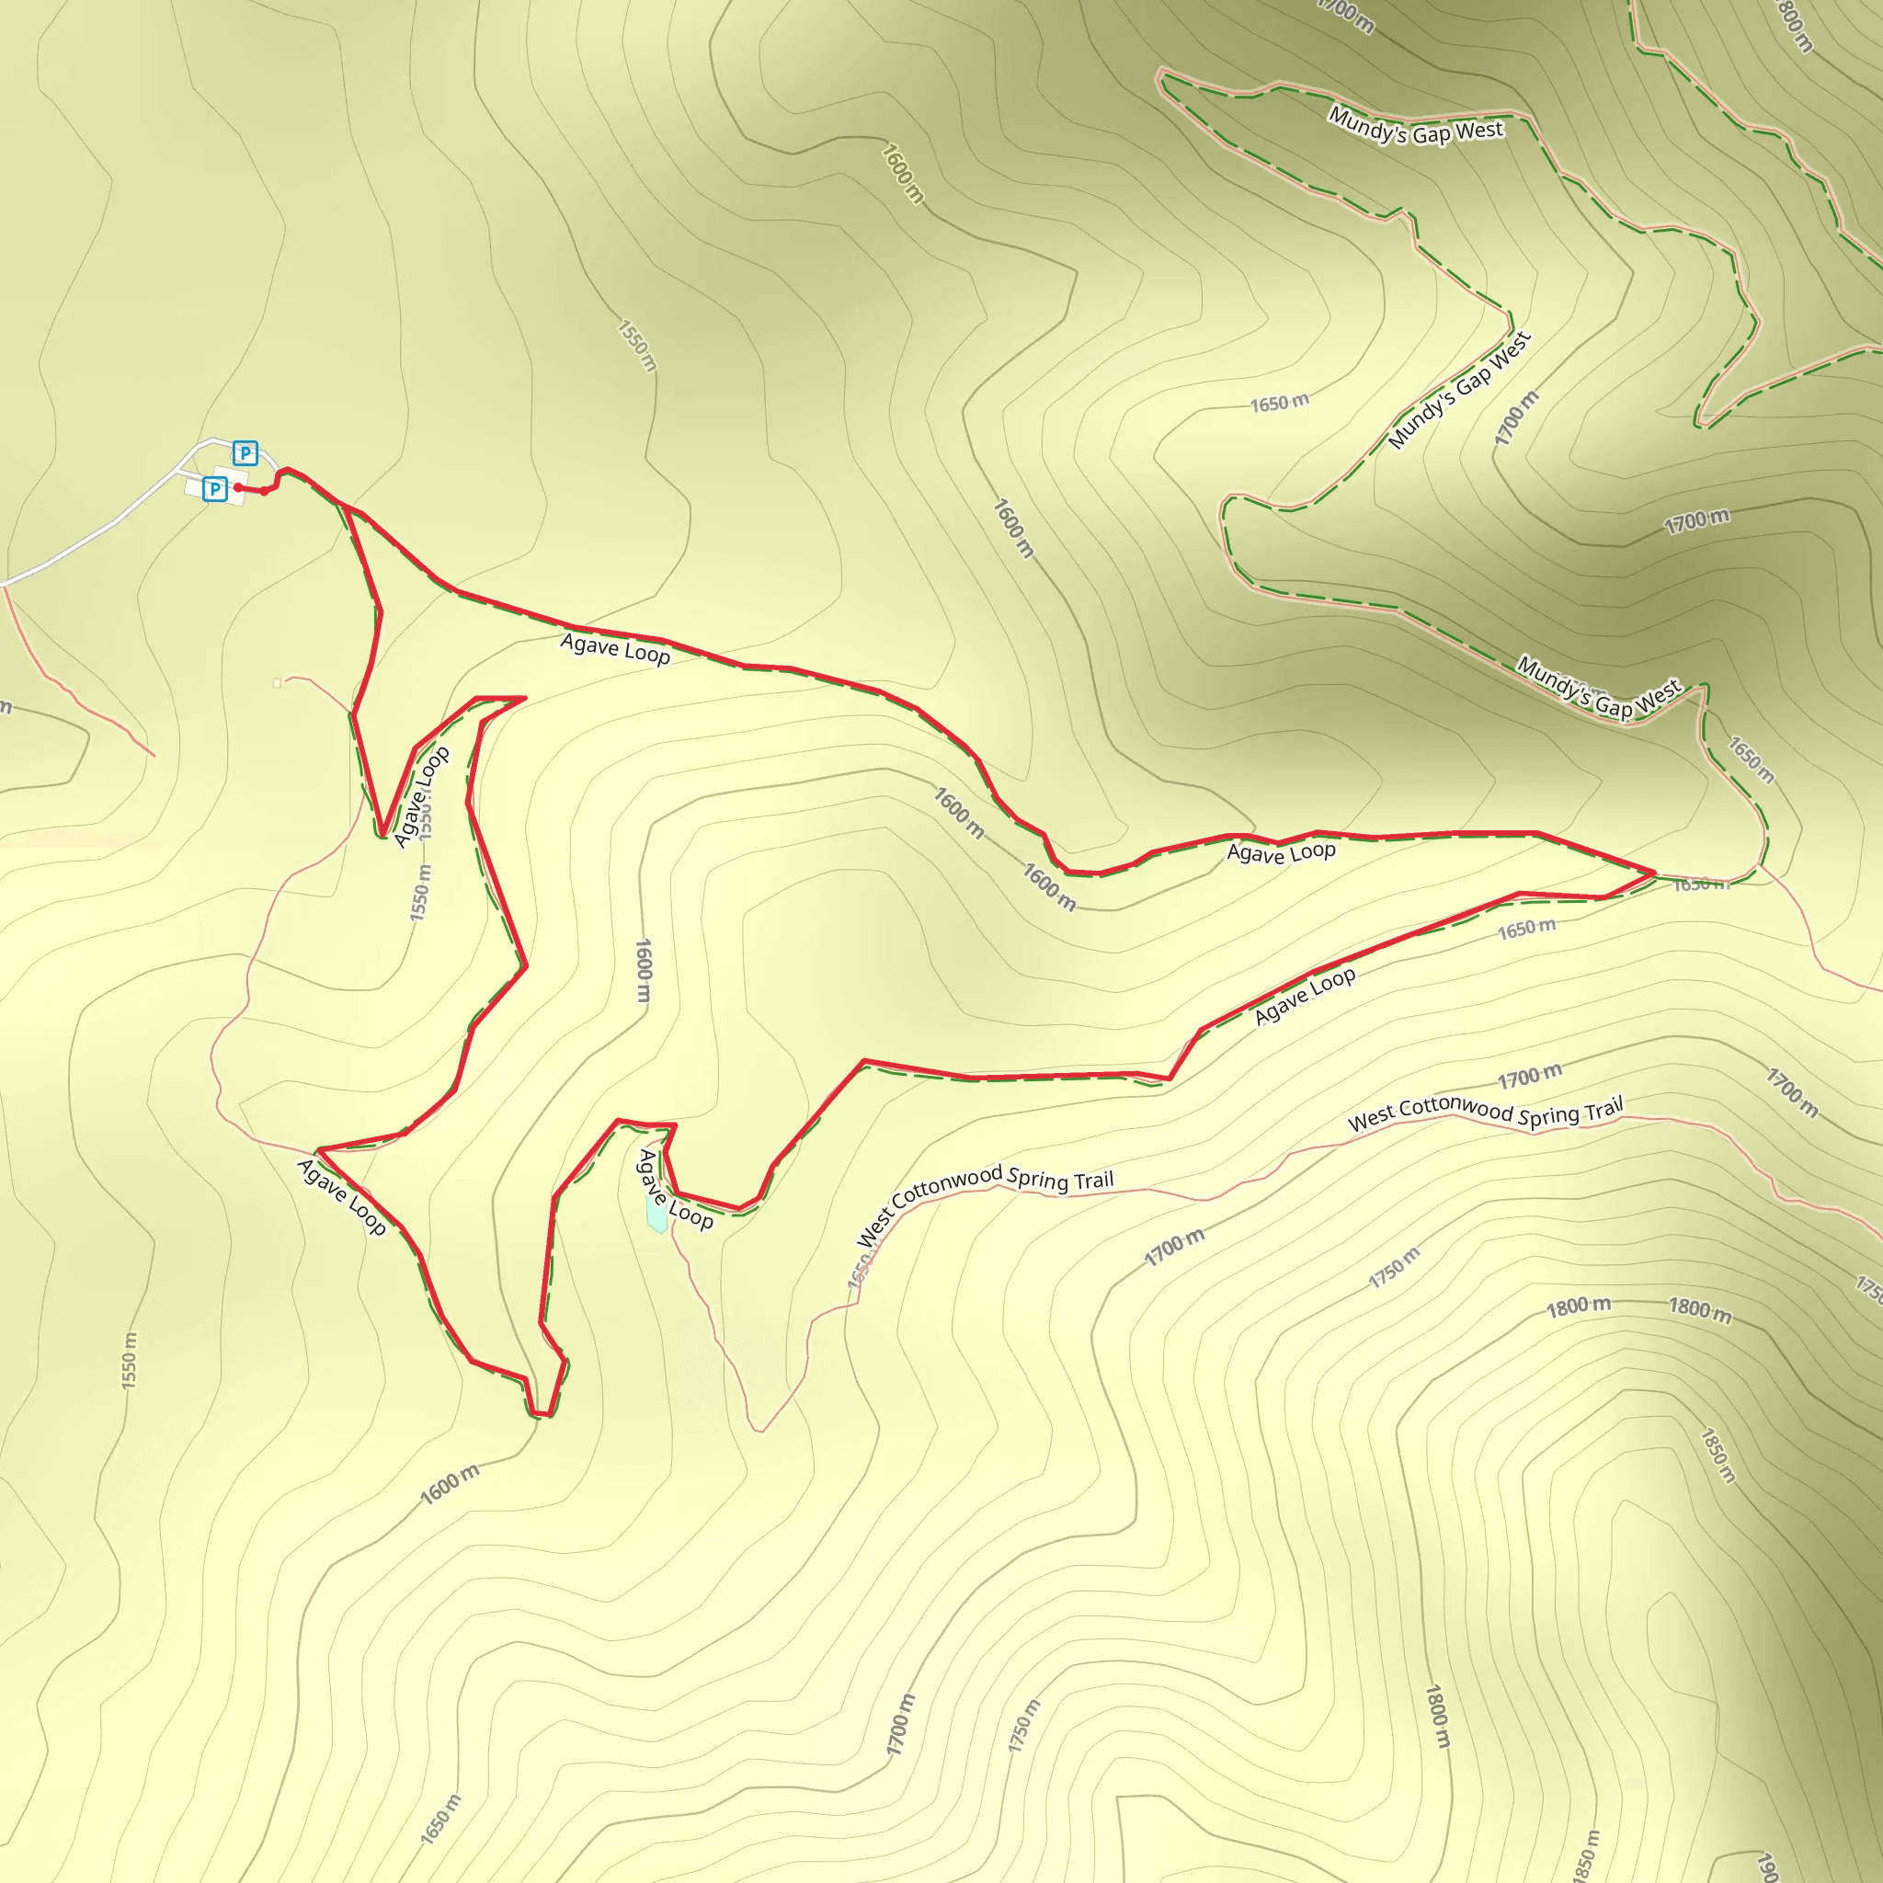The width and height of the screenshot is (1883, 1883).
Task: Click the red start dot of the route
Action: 238,487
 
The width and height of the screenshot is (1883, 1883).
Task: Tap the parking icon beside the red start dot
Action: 215,488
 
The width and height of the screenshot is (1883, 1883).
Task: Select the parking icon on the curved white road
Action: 245,453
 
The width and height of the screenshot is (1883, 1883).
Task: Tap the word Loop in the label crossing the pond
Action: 691,1215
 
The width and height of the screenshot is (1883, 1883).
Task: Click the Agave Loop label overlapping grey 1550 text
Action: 421,796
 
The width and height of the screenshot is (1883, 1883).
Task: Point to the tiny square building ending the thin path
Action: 278,683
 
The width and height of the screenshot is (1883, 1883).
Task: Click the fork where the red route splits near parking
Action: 346,508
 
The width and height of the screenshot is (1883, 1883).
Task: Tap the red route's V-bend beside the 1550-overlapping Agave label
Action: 383,833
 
